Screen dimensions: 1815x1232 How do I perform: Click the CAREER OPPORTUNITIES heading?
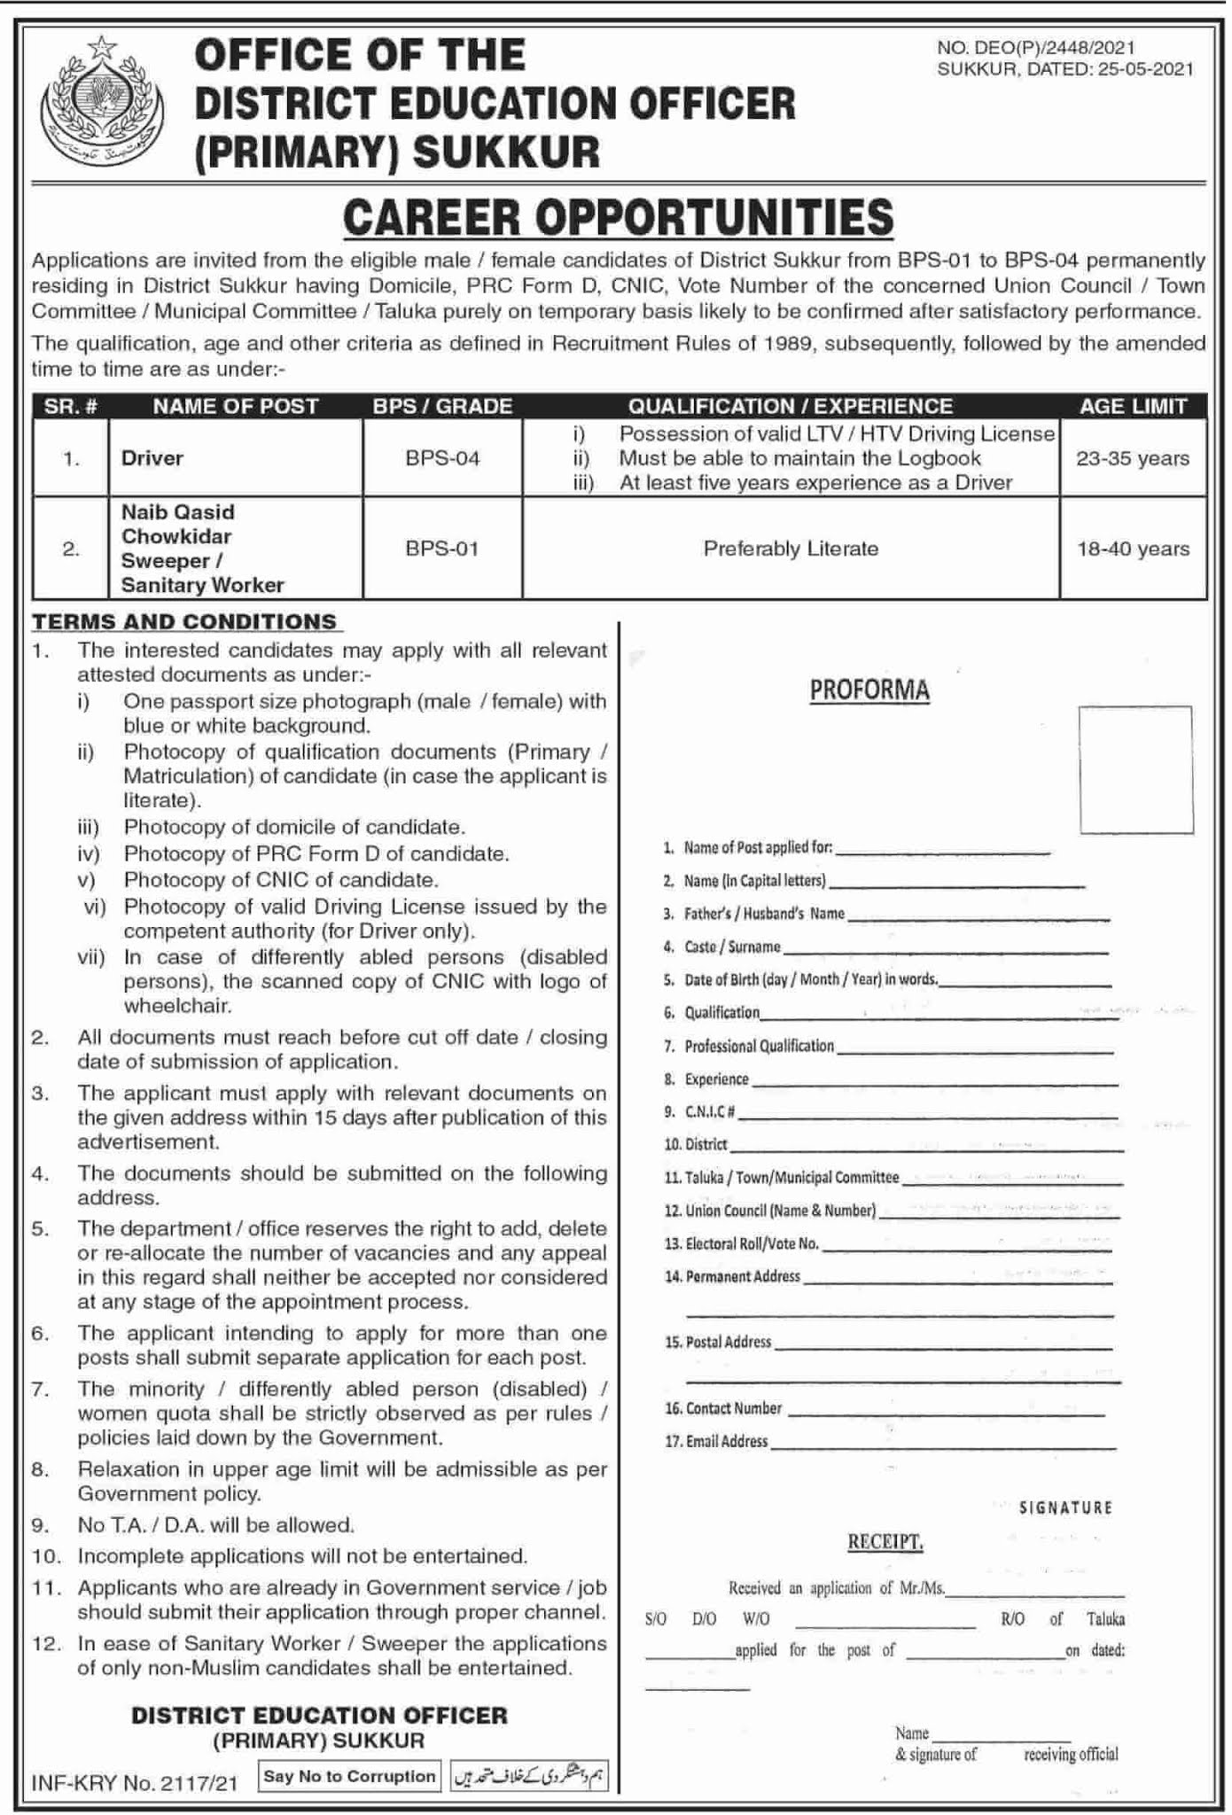(x=618, y=218)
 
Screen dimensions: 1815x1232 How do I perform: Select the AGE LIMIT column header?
(x=1133, y=406)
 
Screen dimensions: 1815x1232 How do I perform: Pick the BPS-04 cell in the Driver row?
(x=442, y=458)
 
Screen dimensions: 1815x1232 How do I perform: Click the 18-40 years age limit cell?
(x=1133, y=549)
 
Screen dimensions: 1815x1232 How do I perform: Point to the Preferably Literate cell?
(x=791, y=549)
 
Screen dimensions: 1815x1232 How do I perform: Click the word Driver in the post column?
(x=152, y=458)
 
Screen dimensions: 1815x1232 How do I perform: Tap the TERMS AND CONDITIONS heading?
(x=185, y=621)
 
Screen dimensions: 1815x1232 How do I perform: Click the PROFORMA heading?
(x=869, y=689)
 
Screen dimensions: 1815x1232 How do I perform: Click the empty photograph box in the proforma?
(x=1135, y=769)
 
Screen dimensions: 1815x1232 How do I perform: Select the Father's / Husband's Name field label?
(x=764, y=914)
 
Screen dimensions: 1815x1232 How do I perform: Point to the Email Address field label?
(x=726, y=1442)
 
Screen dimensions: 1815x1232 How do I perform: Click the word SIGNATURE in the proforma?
(x=1065, y=1507)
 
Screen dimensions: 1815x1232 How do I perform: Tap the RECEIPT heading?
(x=885, y=1542)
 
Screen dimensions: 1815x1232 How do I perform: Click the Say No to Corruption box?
(x=349, y=1776)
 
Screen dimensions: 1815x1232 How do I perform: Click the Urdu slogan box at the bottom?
(x=530, y=1776)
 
